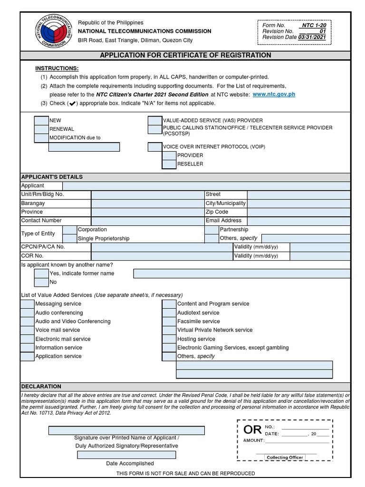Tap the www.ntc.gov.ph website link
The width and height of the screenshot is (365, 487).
click(x=274, y=94)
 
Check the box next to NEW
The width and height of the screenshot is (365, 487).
click(x=41, y=120)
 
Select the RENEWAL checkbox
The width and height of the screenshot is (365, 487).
click(x=41, y=129)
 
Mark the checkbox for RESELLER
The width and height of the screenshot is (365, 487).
click(x=169, y=164)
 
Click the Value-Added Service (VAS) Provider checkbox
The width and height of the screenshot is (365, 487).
click(x=155, y=120)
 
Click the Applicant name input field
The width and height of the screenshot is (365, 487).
click(x=206, y=185)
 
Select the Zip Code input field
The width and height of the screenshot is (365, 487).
click(x=298, y=212)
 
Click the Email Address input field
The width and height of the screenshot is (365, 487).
click(x=298, y=221)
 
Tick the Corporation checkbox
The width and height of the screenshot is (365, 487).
click(x=69, y=230)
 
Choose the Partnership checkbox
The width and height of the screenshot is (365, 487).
click(x=211, y=230)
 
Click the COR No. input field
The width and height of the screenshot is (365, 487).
click(x=162, y=256)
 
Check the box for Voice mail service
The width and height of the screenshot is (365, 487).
click(x=27, y=330)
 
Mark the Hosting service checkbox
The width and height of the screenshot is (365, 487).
click(x=169, y=339)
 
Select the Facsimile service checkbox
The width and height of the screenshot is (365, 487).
click(x=169, y=321)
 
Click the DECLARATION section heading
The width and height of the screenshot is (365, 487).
click(x=41, y=387)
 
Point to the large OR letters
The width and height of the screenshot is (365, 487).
click(x=252, y=430)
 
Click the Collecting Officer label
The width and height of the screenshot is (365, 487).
click(x=284, y=458)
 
